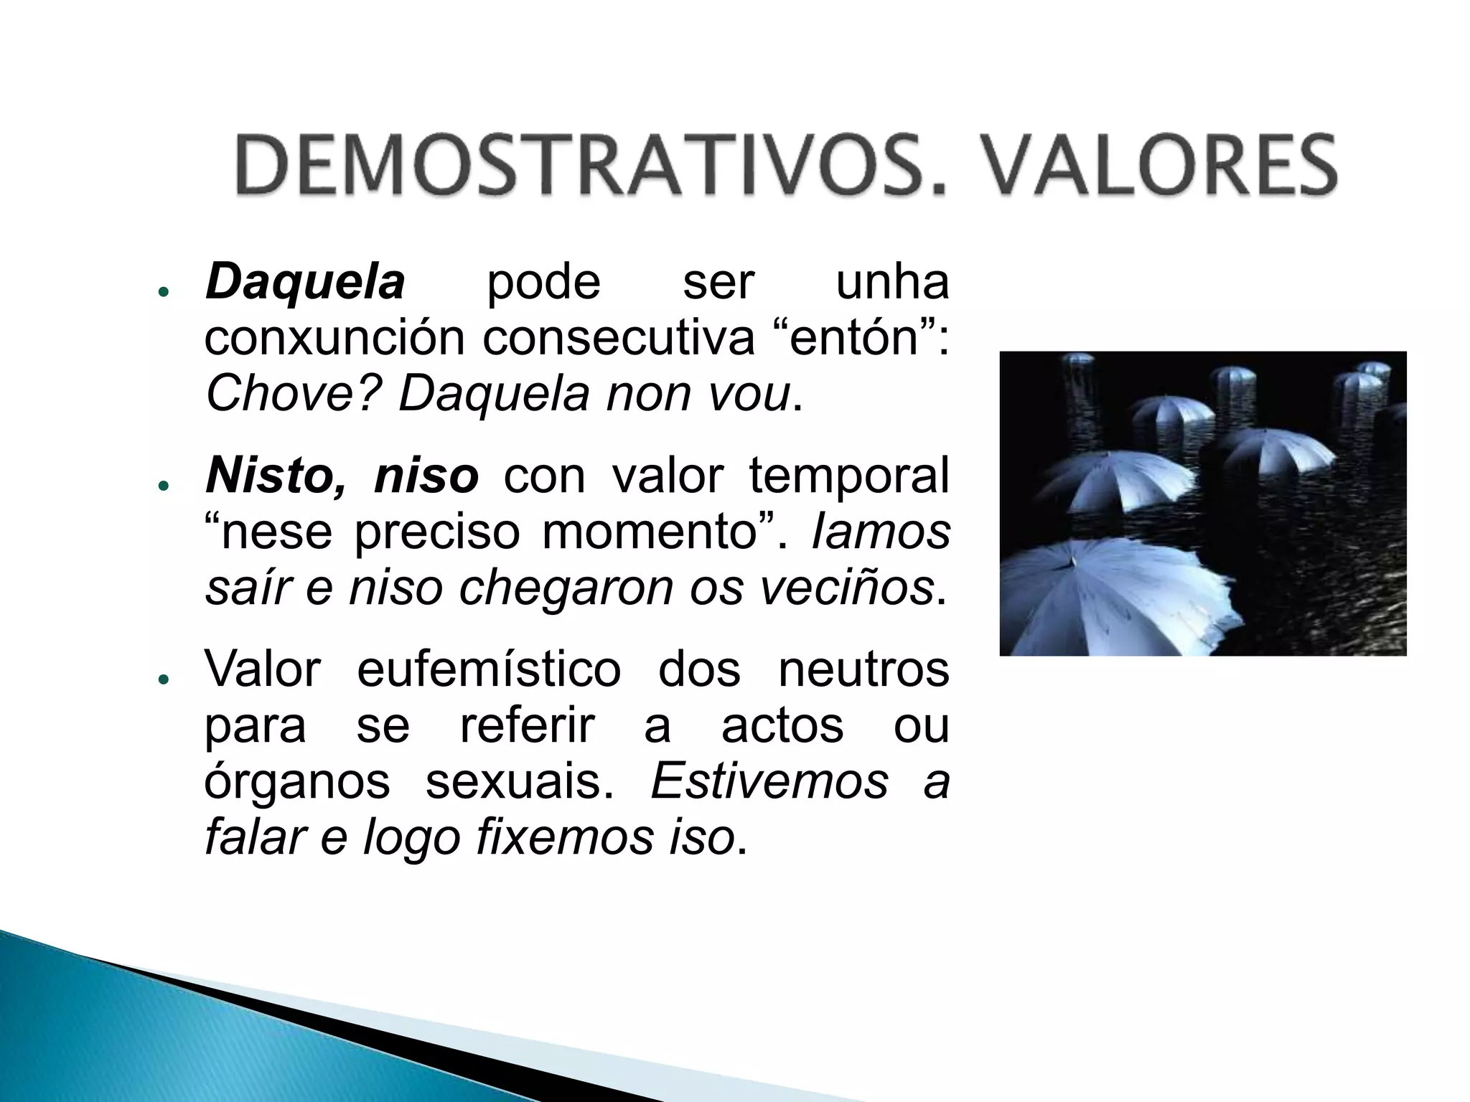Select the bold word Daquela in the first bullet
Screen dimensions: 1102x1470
pyautogui.click(x=305, y=282)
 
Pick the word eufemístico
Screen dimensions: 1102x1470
pyautogui.click(x=489, y=669)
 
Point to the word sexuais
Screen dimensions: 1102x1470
pyautogui.click(x=520, y=781)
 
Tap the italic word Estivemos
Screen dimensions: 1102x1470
pyautogui.click(x=769, y=781)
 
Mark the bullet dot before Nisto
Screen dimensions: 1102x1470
pyautogui.click(x=164, y=486)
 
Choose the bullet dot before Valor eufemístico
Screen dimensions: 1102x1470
pyautogui.click(x=164, y=679)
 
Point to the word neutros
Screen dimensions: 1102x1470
pyautogui.click(x=863, y=669)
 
